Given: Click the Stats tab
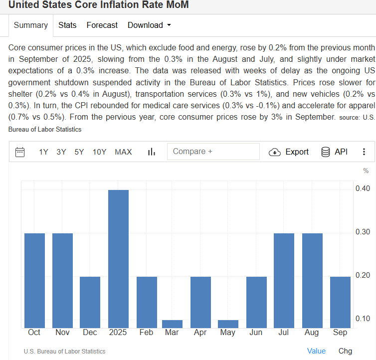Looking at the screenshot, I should click(x=67, y=25).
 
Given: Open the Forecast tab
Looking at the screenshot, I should click(x=102, y=25).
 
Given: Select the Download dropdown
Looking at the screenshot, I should click(x=149, y=25).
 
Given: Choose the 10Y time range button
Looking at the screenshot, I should click(x=99, y=152).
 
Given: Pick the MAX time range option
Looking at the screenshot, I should click(x=123, y=152).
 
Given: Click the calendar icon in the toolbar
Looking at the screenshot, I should click(x=20, y=152).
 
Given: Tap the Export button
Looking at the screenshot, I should click(x=289, y=152).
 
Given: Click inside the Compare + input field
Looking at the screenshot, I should click(x=213, y=152).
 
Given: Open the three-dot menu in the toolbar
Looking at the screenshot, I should click(x=364, y=152).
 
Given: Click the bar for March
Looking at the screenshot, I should click(x=173, y=324).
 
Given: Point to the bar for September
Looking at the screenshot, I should click(x=340, y=302).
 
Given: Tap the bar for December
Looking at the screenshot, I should click(x=90, y=302).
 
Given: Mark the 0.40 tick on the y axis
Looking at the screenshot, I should click(x=363, y=188).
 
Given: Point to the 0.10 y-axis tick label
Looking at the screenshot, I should click(x=363, y=319).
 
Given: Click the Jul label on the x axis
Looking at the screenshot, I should click(x=284, y=333).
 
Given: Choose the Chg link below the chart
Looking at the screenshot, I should click(x=345, y=351).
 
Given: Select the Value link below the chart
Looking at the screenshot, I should click(x=316, y=351).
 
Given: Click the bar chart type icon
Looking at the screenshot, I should click(x=152, y=152).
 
